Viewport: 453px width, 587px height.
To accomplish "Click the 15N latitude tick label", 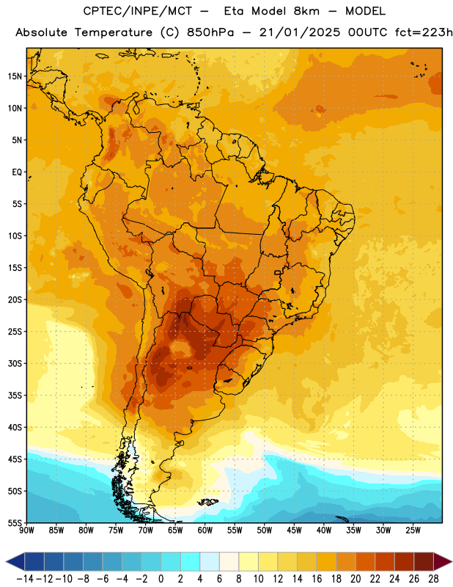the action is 15,76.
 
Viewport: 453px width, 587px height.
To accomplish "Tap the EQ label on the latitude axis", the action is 17,172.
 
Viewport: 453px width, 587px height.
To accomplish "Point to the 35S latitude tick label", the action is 15,395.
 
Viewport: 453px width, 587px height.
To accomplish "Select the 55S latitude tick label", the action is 15,522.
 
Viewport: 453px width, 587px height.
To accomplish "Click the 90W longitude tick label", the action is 26,531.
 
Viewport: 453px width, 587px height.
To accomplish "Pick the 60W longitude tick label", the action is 205,531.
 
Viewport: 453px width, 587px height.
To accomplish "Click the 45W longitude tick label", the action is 294,531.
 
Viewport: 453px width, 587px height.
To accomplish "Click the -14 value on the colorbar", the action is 25,579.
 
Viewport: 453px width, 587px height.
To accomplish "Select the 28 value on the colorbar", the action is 433,579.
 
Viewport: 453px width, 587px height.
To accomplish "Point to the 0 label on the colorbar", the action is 161,579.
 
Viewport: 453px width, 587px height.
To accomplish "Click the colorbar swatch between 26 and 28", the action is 424,561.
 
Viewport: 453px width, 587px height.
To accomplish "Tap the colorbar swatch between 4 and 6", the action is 210,561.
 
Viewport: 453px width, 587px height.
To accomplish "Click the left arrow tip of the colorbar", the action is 6,561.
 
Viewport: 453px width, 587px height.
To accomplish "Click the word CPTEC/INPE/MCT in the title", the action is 137,11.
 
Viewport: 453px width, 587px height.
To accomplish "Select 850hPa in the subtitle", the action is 210,32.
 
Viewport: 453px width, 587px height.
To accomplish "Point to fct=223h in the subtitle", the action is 424,32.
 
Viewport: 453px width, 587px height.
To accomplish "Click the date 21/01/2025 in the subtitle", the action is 300,32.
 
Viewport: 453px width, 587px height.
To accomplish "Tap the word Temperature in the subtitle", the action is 114,32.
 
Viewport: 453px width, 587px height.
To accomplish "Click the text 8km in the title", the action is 306,11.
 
